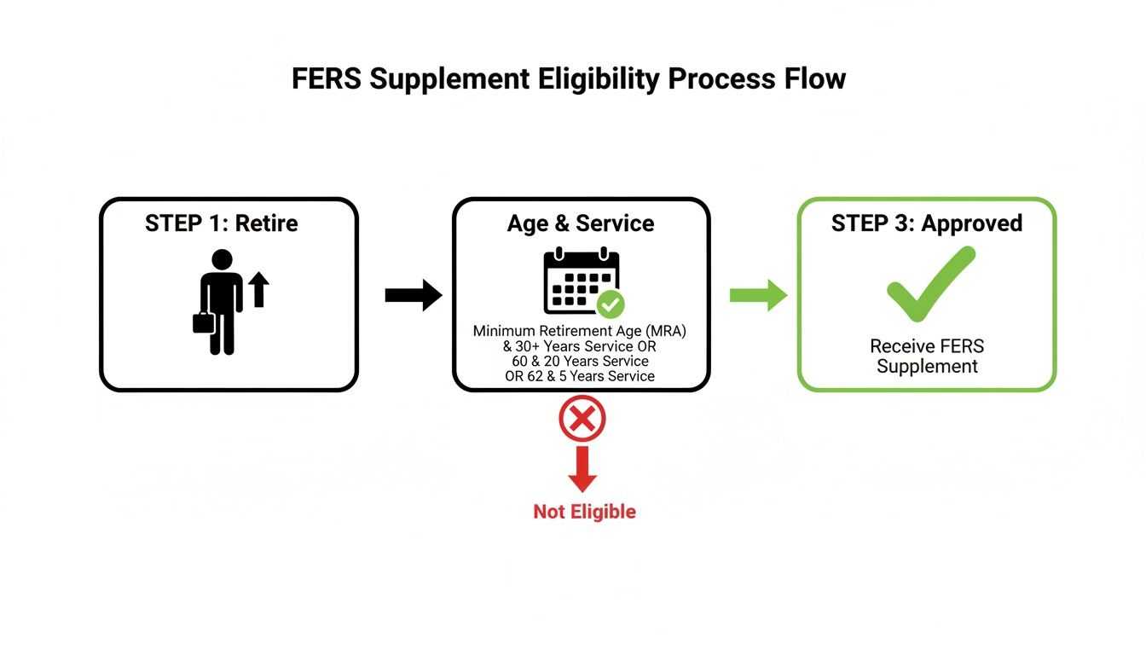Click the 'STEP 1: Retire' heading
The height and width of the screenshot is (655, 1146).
(221, 223)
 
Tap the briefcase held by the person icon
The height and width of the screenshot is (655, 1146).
(203, 323)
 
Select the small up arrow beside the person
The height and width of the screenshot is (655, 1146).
(259, 289)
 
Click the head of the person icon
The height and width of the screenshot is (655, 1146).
(222, 260)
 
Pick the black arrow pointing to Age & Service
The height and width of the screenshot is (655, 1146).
(413, 296)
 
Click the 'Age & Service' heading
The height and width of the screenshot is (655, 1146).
(581, 223)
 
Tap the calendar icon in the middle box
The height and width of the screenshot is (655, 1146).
(578, 281)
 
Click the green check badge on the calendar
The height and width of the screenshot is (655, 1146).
(611, 303)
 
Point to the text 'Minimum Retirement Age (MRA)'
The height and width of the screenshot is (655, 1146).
(580, 331)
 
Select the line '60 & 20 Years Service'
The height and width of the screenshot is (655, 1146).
(580, 361)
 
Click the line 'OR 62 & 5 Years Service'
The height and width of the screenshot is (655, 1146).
(580, 376)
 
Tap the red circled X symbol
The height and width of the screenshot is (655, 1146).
(582, 420)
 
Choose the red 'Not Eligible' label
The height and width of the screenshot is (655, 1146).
(584, 512)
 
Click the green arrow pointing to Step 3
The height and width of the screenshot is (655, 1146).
(758, 295)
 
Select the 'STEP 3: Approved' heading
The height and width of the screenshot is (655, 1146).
(927, 223)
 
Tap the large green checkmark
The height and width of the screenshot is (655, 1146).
(929, 285)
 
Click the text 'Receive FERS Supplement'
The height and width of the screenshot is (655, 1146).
(927, 356)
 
